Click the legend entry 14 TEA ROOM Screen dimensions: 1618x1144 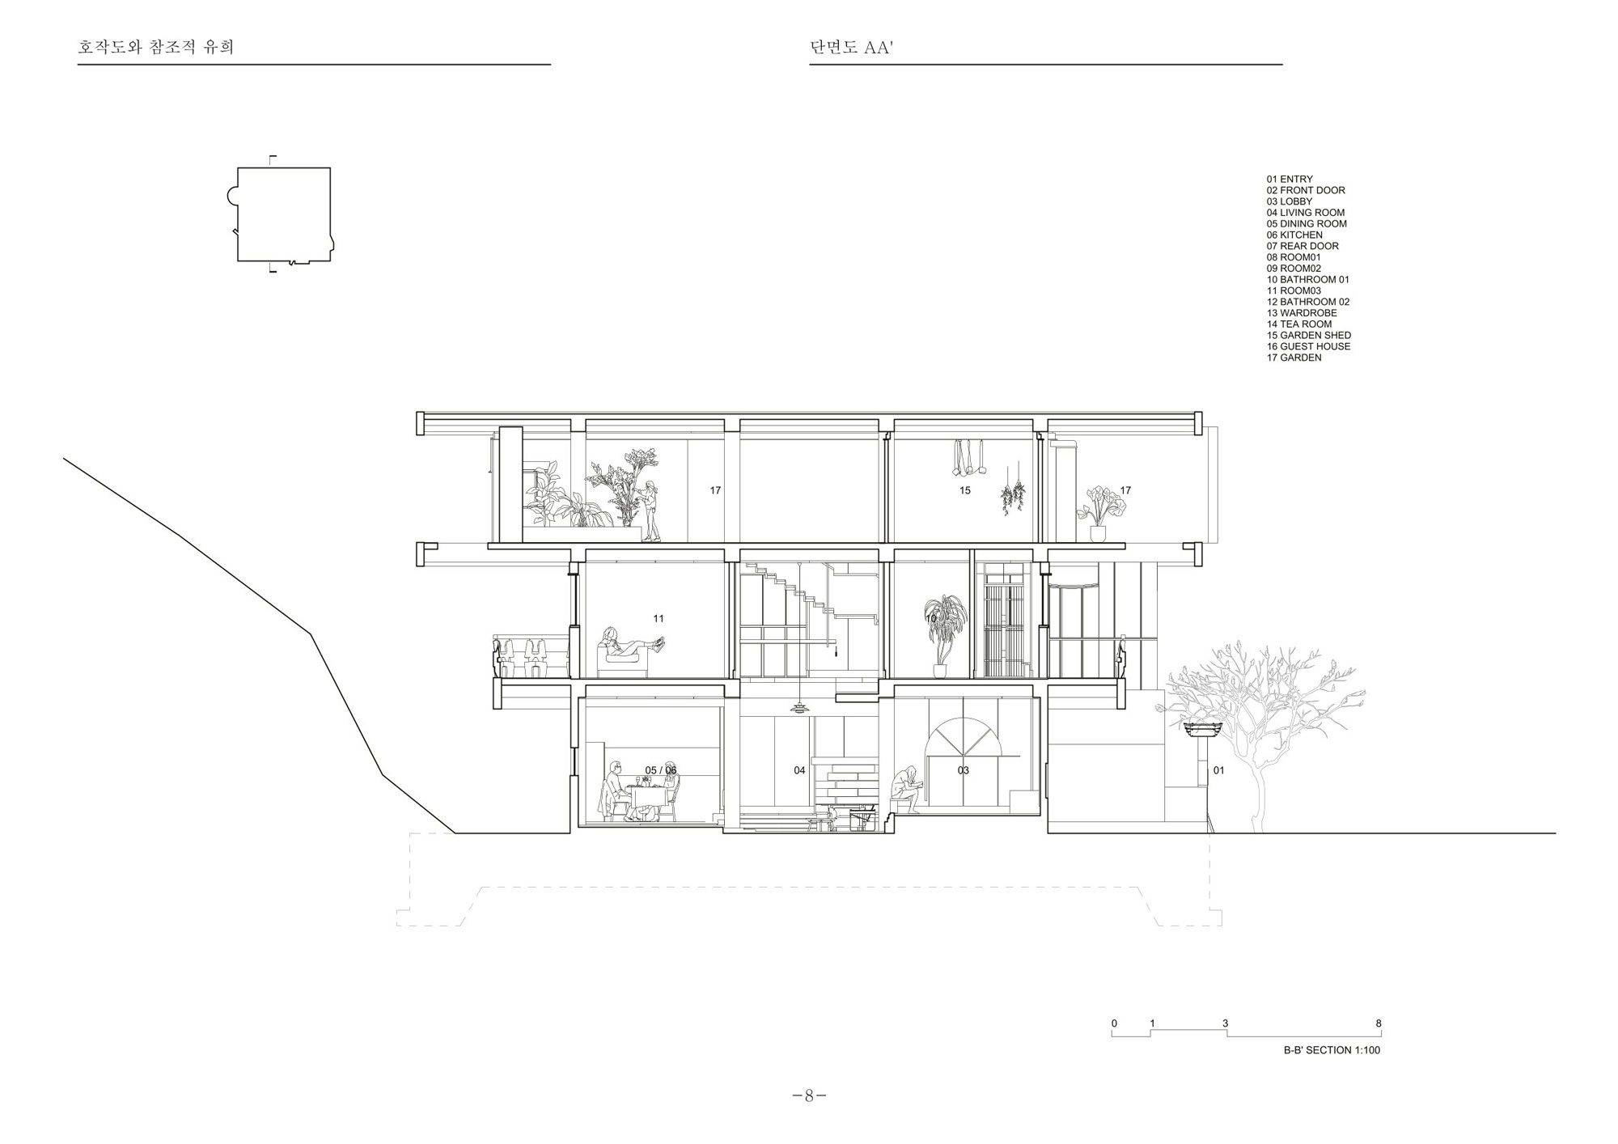click(x=1299, y=324)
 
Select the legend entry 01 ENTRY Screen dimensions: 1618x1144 click(x=1290, y=180)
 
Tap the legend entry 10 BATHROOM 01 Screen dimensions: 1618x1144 click(x=1308, y=280)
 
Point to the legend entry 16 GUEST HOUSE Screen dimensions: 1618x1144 click(x=1309, y=346)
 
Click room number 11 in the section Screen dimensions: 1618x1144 click(x=659, y=619)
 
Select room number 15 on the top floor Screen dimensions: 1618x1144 click(x=965, y=490)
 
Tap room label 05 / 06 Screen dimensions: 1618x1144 click(x=660, y=770)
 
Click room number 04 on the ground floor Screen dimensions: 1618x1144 click(x=799, y=770)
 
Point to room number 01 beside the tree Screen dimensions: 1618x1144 click(x=1218, y=770)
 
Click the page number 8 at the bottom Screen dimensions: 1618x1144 click(x=809, y=1096)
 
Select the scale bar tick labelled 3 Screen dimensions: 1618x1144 click(x=1226, y=1024)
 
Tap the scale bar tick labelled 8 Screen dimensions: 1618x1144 click(x=1379, y=1024)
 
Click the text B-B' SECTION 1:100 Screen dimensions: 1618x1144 click(x=1332, y=1050)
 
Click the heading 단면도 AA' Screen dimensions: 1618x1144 click(x=850, y=48)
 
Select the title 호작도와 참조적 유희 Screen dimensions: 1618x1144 click(x=156, y=47)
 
